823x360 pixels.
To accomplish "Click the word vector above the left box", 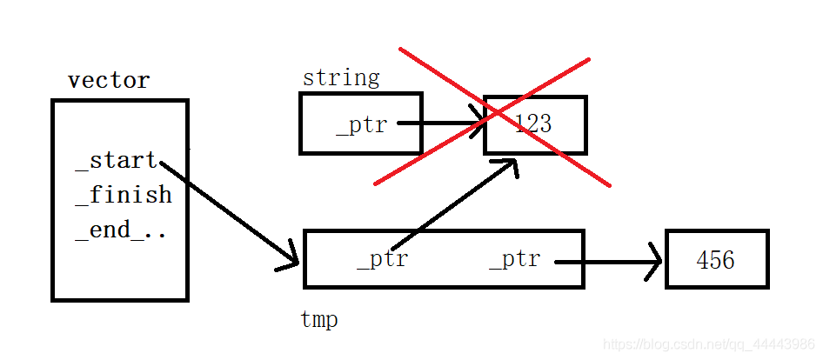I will coord(109,81).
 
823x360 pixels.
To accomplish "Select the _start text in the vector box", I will coord(117,161).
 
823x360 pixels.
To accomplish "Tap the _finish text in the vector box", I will coord(124,195).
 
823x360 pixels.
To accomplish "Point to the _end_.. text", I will coord(121,230).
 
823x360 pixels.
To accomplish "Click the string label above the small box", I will coord(341,77).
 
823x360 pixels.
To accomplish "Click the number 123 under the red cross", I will coord(532,123).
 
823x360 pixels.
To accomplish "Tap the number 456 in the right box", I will coord(715,259).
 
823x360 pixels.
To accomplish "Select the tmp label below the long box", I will coord(319,320).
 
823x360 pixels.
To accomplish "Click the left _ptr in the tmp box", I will coord(382,259).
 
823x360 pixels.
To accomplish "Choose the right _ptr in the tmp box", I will coord(514,259).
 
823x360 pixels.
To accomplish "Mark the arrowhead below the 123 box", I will coord(507,165).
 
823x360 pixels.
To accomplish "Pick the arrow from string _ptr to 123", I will coord(439,123).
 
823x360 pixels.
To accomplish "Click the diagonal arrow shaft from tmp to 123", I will coord(448,207).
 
